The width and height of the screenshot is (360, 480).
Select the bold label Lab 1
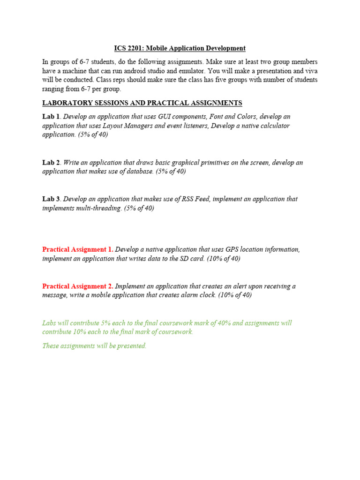[x=51, y=116]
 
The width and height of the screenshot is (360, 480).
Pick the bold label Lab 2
[x=51, y=162]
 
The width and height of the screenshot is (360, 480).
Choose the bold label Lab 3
[x=51, y=199]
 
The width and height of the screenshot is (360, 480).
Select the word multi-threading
[x=99, y=208]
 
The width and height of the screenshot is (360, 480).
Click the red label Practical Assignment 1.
[x=77, y=249]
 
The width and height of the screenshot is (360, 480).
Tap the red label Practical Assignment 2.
[x=77, y=286]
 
